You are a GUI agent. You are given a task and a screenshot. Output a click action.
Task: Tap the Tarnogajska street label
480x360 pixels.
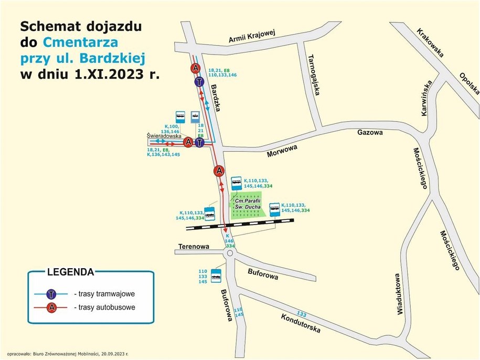point(314,75)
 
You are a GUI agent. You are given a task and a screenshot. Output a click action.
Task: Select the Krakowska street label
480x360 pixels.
point(430,43)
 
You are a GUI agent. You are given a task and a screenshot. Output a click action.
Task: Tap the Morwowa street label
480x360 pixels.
point(282,151)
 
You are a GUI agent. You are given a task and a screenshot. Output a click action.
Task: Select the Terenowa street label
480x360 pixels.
point(194,246)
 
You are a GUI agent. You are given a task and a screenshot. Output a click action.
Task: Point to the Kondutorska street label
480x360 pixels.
point(300,323)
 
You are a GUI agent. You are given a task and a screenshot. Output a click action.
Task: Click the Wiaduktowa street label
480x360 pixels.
point(399,293)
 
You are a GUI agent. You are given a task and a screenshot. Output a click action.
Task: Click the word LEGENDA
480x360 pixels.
point(70,272)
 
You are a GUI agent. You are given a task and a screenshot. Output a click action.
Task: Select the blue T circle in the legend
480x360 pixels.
point(51,294)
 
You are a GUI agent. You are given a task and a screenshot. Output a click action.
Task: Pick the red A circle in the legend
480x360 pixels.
point(51,308)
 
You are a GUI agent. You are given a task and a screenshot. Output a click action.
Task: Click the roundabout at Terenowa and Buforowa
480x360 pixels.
point(229,253)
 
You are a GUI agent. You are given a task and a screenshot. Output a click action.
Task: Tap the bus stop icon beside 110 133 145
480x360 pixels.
point(216,276)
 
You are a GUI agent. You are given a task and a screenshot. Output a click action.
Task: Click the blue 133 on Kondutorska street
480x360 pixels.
point(301,314)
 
